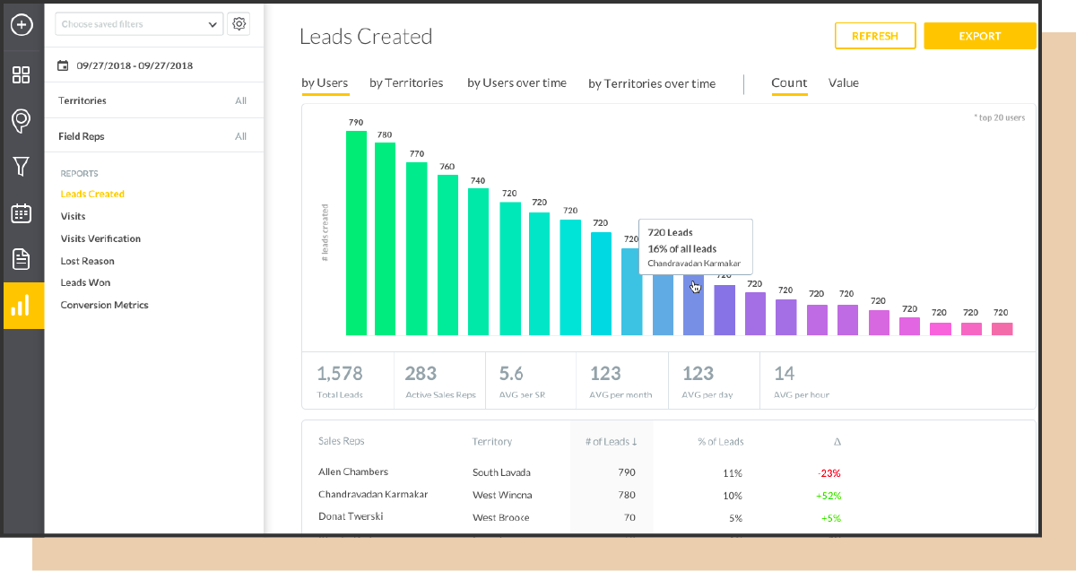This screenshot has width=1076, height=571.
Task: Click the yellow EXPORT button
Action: pos(979,36)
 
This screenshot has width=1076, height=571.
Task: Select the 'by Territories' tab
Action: pos(406,83)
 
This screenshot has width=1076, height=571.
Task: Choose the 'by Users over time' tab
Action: pos(516,83)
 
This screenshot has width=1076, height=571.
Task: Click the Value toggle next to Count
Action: pos(843,83)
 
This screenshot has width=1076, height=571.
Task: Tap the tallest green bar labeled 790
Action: pos(356,233)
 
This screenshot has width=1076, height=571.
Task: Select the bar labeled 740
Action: pos(479,261)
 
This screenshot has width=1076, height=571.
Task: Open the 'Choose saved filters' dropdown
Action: pos(139,24)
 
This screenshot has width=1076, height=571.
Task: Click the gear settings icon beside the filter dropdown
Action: pos(239,24)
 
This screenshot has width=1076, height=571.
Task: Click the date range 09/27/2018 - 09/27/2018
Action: pos(134,65)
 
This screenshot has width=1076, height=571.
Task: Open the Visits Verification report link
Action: pos(100,238)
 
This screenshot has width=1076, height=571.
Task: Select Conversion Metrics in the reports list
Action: pos(104,305)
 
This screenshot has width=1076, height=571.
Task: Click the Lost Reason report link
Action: pos(87,261)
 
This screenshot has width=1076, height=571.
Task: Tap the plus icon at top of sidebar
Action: pos(22,24)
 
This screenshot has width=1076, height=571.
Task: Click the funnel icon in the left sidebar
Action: pos(22,166)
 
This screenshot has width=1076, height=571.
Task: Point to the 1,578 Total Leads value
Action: pos(339,373)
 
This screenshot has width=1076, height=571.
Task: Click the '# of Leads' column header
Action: pos(610,442)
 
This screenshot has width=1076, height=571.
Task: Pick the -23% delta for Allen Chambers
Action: pos(828,473)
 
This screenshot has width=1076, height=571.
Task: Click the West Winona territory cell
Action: pos(502,496)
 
